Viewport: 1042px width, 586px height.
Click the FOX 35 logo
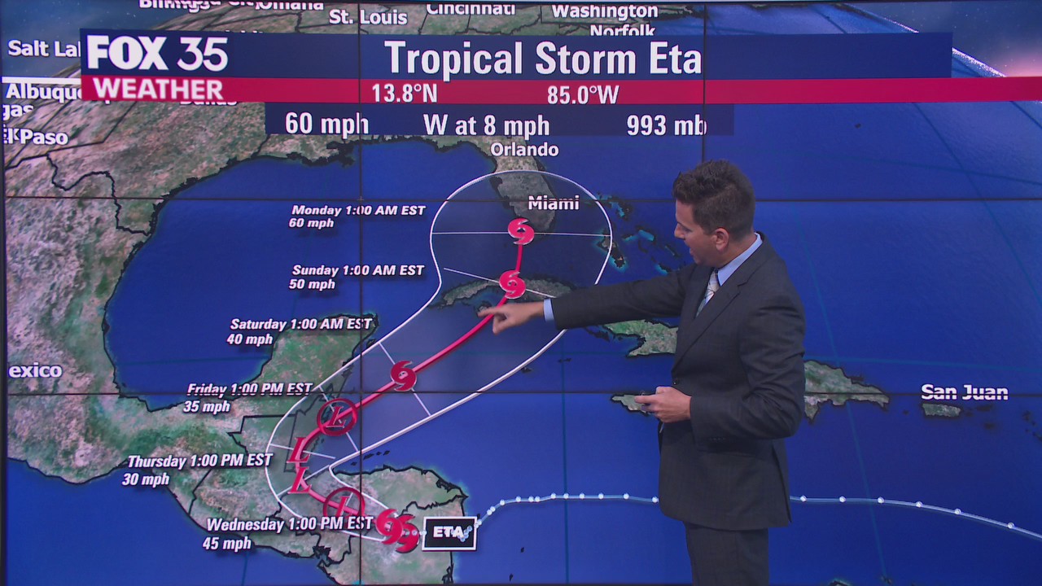(x=157, y=54)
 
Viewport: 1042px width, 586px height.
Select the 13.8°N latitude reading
(x=405, y=94)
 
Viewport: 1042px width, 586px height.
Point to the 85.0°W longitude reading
(x=582, y=94)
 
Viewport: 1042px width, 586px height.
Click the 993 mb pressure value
(x=666, y=125)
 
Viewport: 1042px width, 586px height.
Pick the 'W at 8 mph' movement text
(x=486, y=125)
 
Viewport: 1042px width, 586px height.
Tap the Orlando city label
(x=524, y=150)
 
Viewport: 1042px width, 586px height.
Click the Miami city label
(x=553, y=203)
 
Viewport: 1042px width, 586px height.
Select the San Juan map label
(x=965, y=392)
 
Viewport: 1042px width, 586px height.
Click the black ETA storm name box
(x=449, y=533)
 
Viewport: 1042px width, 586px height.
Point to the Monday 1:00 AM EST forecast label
(x=358, y=210)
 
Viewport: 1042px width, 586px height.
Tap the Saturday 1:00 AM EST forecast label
(x=300, y=324)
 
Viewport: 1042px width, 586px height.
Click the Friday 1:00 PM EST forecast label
(x=249, y=389)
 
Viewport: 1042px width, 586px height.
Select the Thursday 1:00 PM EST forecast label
(x=199, y=461)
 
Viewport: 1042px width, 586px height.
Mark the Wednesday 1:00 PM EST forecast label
(x=289, y=524)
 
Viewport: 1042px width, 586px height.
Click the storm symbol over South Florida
(x=521, y=231)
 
